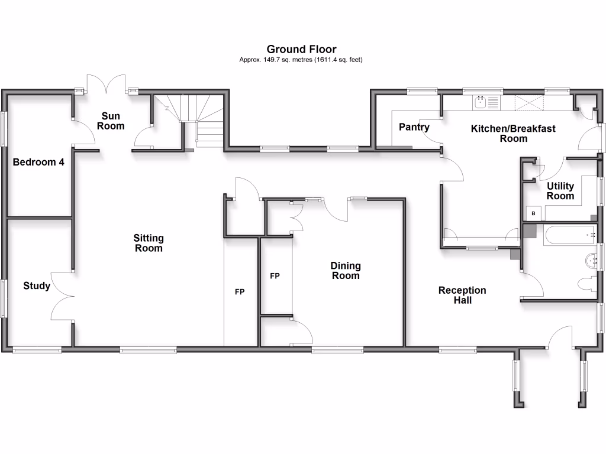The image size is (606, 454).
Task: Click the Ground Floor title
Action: point(301,49)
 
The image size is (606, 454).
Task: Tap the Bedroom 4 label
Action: point(38,162)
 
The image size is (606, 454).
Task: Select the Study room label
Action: point(37,286)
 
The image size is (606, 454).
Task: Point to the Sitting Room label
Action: point(148,243)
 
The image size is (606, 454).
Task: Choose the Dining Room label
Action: point(345,271)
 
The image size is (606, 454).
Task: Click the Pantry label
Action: point(414,127)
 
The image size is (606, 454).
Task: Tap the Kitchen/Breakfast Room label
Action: point(513,133)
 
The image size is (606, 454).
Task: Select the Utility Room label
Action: point(560,191)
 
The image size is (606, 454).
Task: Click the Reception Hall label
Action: point(462,295)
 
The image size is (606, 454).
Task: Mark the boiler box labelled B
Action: point(533,213)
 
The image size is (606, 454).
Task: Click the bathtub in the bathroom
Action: point(569,235)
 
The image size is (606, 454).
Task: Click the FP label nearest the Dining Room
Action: point(275,276)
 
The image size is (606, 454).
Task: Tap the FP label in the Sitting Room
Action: point(240,292)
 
